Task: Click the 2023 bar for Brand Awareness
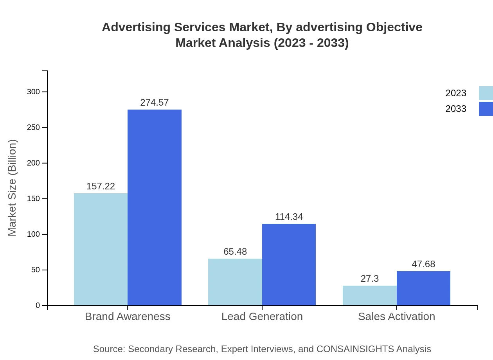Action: coord(101,249)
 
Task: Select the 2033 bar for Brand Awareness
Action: coord(155,207)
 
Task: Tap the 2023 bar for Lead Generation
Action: coord(235,282)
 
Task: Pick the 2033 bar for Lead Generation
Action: coord(289,265)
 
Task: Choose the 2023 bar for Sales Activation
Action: coord(369,295)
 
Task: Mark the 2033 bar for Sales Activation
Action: coord(423,288)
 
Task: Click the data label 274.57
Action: coord(155,103)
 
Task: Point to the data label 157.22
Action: coord(101,186)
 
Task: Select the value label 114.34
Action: coord(289,217)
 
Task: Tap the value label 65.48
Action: coord(235,252)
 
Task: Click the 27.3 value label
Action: coord(370,279)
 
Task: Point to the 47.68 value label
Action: coord(423,264)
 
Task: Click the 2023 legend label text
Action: coord(456,93)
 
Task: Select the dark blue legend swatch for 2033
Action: coord(486,109)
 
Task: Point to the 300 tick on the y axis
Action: coord(33,92)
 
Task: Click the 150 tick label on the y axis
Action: coord(33,199)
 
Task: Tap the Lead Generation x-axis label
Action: coord(262,316)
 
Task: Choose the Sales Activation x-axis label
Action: coord(396,316)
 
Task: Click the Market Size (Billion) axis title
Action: coord(12,188)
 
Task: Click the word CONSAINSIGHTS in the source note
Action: coord(355,349)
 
